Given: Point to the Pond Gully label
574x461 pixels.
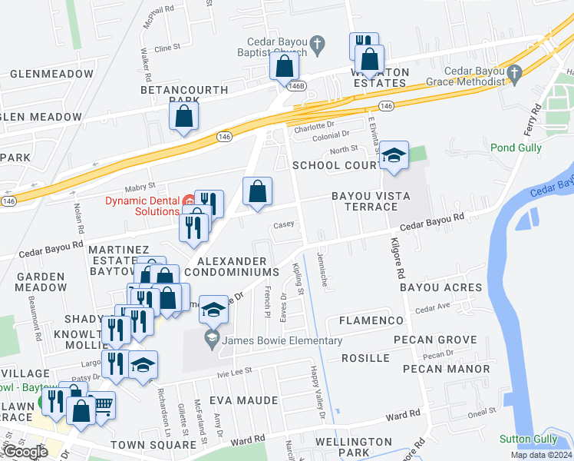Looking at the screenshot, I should coord(516,147).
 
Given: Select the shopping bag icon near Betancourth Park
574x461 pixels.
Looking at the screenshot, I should coord(184,117).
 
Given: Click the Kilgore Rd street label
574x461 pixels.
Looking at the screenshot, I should coord(399,258).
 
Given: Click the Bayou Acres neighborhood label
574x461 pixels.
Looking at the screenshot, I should coord(440,287).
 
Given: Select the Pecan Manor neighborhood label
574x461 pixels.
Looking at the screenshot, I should coord(446,369).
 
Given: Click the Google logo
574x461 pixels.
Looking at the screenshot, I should coord(25,452).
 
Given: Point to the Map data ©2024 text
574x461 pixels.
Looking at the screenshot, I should coord(542,455).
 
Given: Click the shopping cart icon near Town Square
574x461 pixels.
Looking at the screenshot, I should coord(103,405).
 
